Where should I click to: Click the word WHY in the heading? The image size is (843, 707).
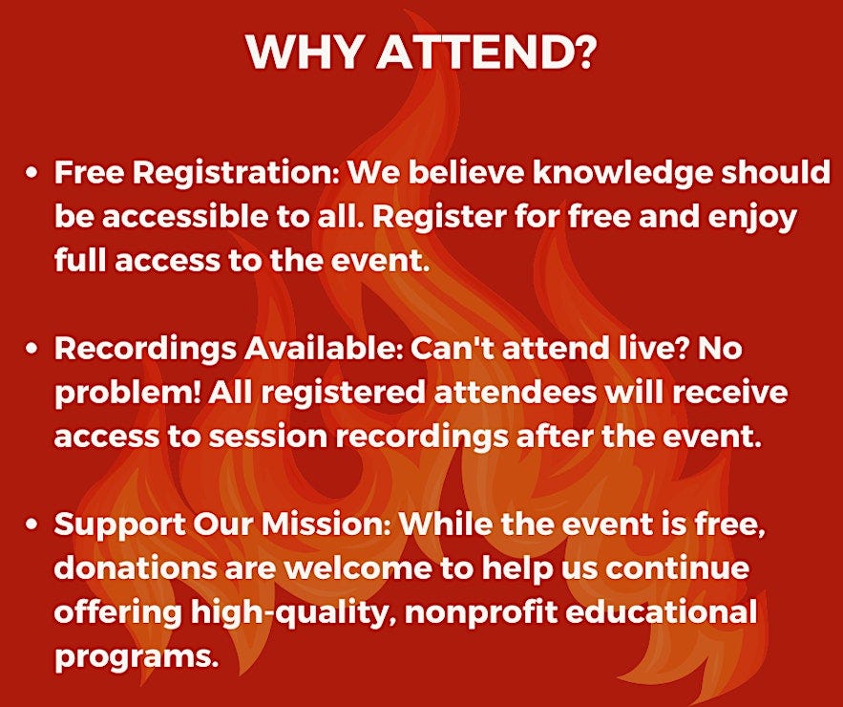[305, 52]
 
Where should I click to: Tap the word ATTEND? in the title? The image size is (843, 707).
[487, 52]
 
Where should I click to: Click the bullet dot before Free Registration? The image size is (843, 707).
[32, 173]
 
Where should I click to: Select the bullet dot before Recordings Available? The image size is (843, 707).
[32, 349]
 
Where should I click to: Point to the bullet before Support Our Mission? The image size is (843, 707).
[32, 525]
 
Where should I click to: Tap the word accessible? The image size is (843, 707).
[185, 217]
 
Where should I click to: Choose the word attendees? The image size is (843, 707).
[515, 393]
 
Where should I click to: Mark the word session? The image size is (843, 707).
[267, 437]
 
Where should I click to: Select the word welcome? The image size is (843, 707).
[358, 568]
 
